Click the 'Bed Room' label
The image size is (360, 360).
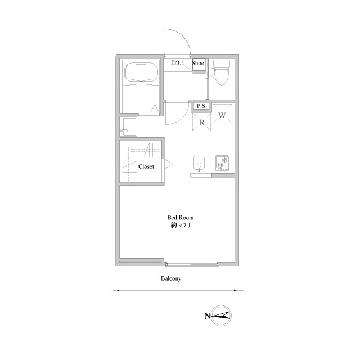click(180, 218)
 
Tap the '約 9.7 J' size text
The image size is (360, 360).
click(181, 225)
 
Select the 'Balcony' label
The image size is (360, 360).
click(171, 278)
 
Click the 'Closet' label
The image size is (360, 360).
click(146, 166)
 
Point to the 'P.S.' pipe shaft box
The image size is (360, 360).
click(201, 106)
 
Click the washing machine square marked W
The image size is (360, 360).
click(222, 114)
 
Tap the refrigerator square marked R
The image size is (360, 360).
click(201, 122)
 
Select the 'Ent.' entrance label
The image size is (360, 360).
click(176, 62)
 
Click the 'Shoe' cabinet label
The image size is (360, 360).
click(198, 63)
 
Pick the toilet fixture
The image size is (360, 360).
click(222, 72)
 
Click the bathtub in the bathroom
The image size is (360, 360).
click(141, 71)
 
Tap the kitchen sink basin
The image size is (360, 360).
click(199, 164)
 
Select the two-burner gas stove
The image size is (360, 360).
click(222, 163)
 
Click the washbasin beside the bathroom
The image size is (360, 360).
click(128, 127)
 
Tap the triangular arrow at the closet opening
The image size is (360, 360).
click(168, 164)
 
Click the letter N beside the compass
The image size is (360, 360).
click(207, 316)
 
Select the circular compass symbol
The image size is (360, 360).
click(221, 316)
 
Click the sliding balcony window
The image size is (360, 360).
click(192, 264)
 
